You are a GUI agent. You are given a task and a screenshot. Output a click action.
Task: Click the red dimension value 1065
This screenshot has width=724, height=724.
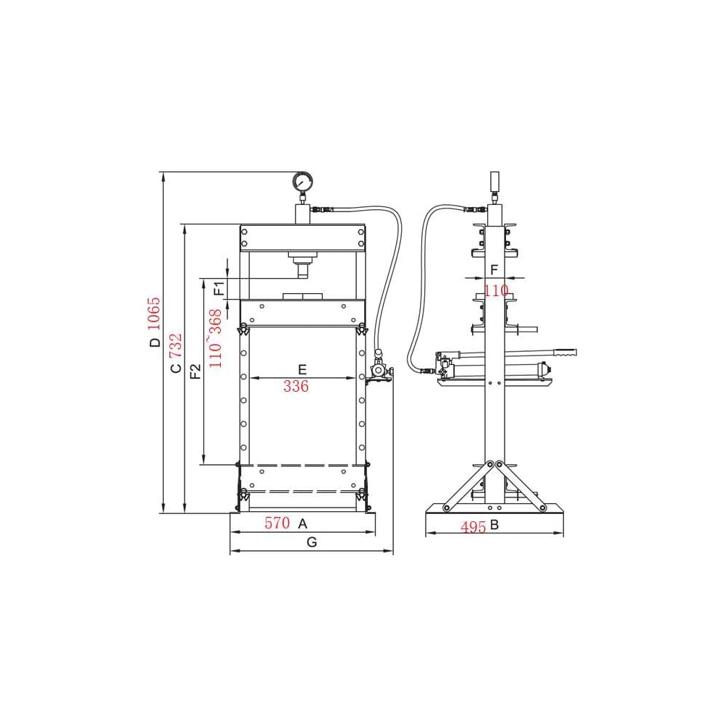tap(153, 314)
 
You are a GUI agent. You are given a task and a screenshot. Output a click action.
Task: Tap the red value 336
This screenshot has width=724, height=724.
tap(296, 386)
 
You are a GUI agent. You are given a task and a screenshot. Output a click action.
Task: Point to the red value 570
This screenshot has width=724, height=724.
tap(277, 523)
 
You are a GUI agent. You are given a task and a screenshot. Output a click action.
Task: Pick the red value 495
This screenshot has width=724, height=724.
tap(473, 527)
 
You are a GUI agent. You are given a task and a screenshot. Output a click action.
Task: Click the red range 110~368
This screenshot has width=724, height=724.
tap(215, 338)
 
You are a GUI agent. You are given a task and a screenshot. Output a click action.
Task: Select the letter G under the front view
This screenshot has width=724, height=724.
tap(311, 542)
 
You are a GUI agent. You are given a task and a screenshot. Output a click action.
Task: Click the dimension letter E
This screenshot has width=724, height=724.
tap(302, 369)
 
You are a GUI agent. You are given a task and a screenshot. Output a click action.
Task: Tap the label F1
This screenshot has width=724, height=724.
tap(219, 288)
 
